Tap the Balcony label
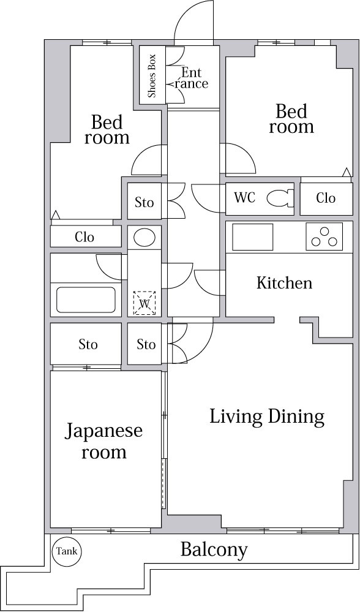(214, 550)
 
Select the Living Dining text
(266, 417)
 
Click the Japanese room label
(104, 441)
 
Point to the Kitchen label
(284, 282)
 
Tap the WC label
(244, 198)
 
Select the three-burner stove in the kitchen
(324, 236)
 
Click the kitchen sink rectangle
(252, 236)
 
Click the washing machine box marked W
(145, 303)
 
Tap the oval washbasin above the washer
(145, 237)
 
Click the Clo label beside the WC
(326, 198)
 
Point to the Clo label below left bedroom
(84, 236)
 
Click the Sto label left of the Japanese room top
(88, 344)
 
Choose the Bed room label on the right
(291, 119)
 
